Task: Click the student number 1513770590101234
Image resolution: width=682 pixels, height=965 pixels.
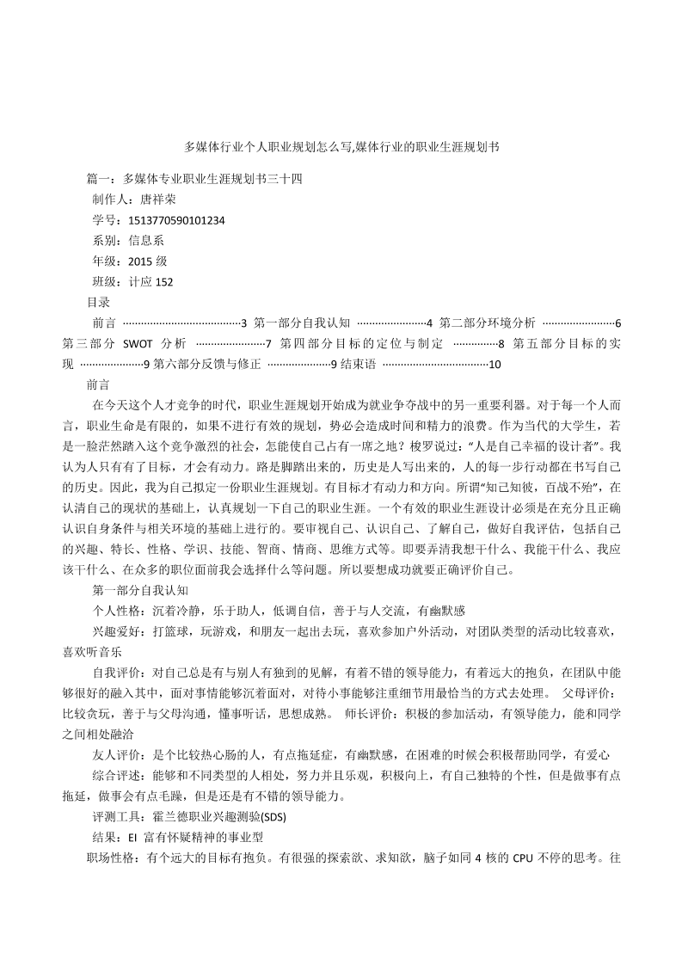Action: (x=176, y=220)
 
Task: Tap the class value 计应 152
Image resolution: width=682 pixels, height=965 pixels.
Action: (x=151, y=282)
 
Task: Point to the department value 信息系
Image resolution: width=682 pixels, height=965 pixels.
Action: (x=147, y=241)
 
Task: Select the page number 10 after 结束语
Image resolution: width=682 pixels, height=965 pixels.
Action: (x=495, y=364)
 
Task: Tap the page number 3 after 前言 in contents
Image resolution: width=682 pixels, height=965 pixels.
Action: (x=244, y=323)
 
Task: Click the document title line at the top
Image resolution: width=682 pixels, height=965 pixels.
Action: (x=341, y=147)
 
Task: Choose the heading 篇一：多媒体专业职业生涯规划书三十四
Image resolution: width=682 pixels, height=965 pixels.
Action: (x=195, y=179)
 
